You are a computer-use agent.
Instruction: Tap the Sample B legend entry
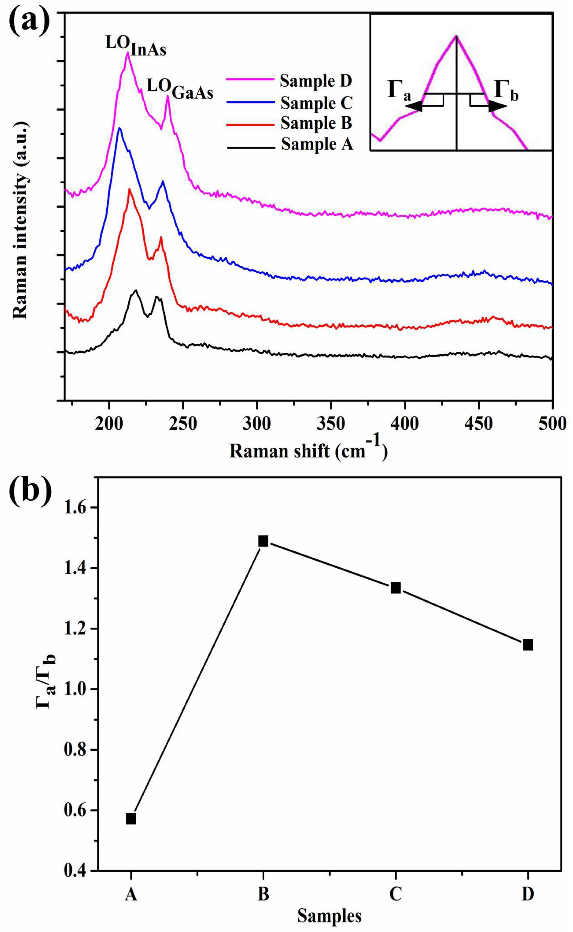tap(316, 123)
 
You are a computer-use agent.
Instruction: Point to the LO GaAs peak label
tap(180, 91)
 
